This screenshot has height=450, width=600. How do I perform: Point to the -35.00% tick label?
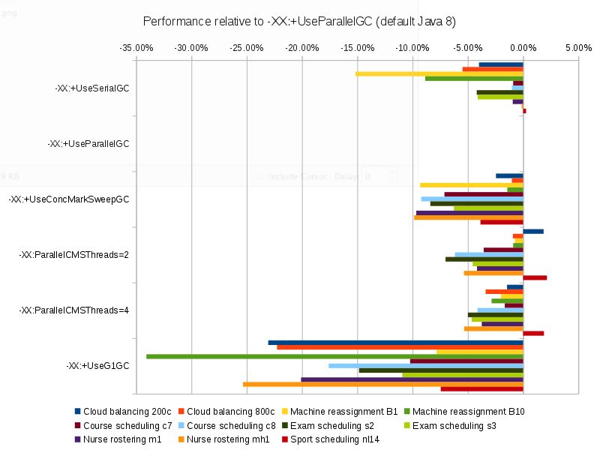coord(136,48)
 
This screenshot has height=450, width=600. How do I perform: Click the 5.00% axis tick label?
coord(578,48)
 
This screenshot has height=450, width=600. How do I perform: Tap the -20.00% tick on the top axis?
coord(302,48)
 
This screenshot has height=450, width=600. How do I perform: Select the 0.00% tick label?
coord(523,48)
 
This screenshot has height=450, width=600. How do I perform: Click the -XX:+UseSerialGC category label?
coord(92,88)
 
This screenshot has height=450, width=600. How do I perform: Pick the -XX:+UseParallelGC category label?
coord(88,143)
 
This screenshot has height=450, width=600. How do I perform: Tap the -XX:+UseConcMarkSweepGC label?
coord(69,199)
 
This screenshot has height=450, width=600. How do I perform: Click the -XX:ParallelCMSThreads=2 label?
coord(74,255)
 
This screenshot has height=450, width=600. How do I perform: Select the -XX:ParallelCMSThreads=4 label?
coord(74,310)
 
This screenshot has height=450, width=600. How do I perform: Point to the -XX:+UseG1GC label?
coord(97,366)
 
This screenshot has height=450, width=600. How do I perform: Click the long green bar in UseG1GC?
coord(334,356)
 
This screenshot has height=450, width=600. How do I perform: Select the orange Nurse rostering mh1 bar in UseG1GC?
coord(382,384)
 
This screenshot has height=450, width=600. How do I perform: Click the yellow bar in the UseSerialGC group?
coord(439,73)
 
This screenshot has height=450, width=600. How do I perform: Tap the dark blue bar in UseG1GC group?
coord(395,343)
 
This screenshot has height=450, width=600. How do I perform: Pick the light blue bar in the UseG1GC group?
coord(425,365)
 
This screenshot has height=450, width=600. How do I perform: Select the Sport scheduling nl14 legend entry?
coord(329,439)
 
